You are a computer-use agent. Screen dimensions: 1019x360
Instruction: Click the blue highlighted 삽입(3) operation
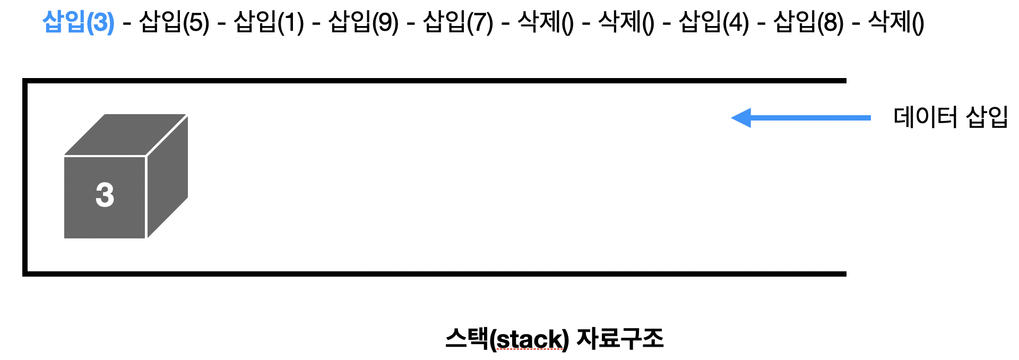[79, 22]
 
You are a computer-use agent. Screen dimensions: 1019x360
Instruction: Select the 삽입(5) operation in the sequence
[174, 22]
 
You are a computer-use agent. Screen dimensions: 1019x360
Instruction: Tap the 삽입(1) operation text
[269, 22]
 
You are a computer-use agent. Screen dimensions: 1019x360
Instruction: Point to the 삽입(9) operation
[364, 22]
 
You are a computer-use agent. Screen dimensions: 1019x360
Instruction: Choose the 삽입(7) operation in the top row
[458, 22]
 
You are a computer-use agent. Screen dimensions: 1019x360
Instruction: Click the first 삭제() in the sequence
[546, 22]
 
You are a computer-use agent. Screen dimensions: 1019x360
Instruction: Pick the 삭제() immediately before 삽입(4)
[626, 22]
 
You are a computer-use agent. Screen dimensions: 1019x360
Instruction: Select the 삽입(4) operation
[714, 22]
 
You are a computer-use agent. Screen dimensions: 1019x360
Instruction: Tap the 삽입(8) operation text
[808, 22]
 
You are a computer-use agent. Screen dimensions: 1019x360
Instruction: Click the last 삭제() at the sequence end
[896, 22]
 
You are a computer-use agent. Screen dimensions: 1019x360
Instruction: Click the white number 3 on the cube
[105, 195]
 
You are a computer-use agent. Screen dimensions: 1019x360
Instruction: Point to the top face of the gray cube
[125, 134]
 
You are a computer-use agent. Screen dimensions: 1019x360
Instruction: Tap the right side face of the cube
[167, 176]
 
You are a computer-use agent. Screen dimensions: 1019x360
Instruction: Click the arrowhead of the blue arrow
[742, 118]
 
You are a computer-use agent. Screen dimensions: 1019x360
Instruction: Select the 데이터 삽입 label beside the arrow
[950, 117]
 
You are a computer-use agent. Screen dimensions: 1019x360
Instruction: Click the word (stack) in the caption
[529, 339]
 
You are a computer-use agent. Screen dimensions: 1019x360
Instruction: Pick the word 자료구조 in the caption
[620, 338]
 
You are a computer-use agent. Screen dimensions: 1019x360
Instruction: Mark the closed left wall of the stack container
[25, 177]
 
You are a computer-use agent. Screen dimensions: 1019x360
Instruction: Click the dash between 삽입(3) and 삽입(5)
[127, 24]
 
